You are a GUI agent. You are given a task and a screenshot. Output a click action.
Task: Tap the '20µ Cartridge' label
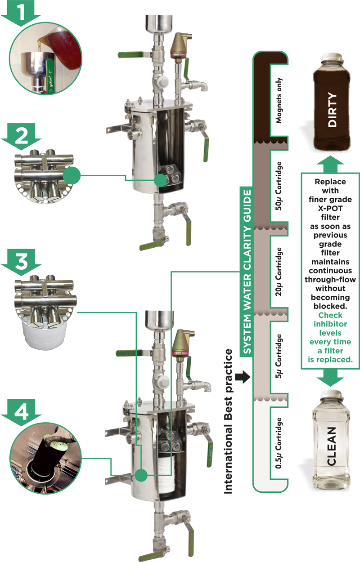pyautogui.click(x=279, y=269)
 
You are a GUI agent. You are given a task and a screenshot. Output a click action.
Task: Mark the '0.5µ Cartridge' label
pyautogui.click(x=279, y=443)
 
